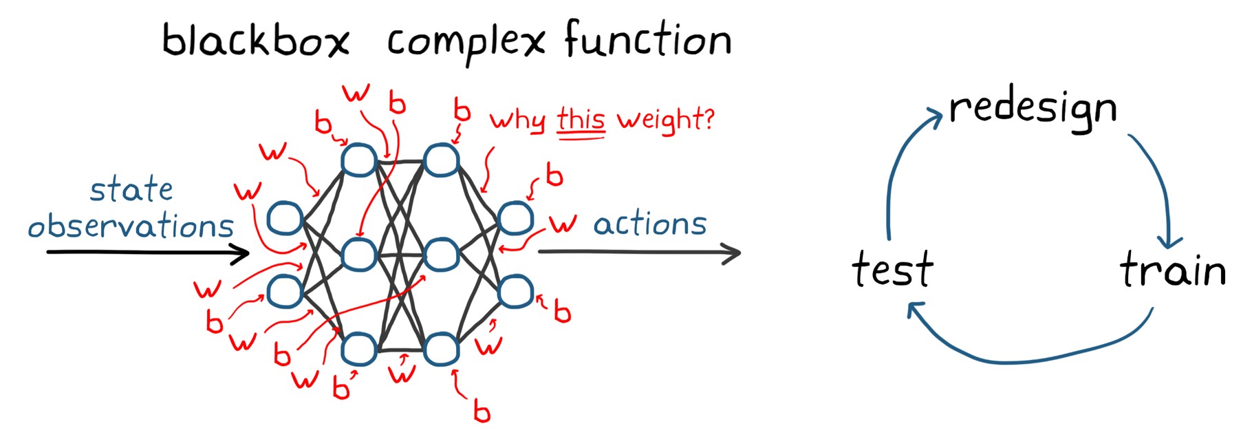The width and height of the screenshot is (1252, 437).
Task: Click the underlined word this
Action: (581, 120)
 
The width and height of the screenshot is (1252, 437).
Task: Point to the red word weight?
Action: (665, 120)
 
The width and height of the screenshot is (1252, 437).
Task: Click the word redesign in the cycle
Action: (1033, 109)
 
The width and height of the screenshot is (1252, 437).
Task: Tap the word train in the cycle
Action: (1173, 269)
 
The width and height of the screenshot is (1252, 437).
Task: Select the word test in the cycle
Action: (892, 268)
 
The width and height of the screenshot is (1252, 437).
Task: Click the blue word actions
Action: (650, 224)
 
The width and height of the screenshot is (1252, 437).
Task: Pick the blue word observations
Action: (131, 226)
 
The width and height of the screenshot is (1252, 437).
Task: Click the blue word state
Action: (131, 189)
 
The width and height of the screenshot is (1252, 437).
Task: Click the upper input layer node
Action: (285, 218)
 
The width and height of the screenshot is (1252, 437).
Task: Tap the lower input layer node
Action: (285, 291)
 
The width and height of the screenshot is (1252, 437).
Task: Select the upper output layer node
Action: (515, 218)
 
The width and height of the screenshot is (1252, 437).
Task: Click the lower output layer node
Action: (515, 291)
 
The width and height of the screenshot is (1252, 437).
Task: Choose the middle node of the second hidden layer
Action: (441, 255)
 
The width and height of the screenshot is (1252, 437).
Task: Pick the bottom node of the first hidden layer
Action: (358, 348)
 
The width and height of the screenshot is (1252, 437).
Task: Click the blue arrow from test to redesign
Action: (894, 172)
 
